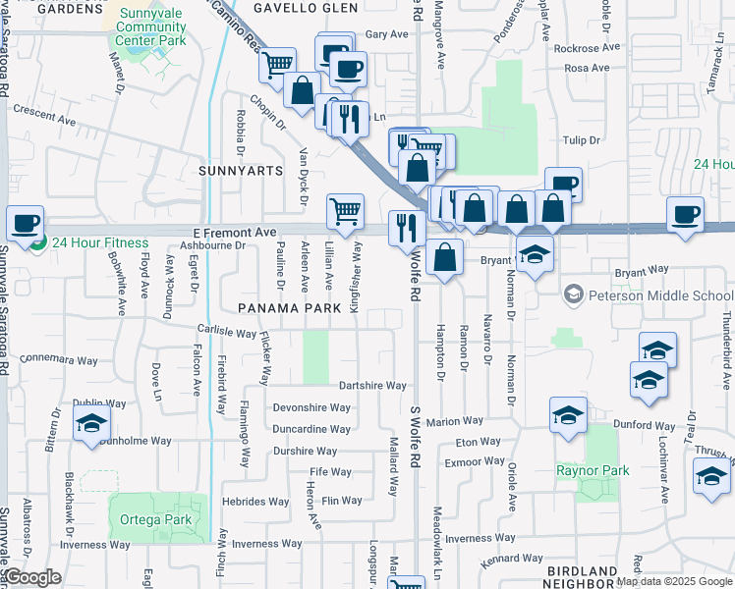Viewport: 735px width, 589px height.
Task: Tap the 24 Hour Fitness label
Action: point(99,242)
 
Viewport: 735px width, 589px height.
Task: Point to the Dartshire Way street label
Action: point(372,386)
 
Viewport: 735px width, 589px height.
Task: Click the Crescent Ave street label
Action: point(44,120)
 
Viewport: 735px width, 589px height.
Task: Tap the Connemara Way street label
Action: point(58,359)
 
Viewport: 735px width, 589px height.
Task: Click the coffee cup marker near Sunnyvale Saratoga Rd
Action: point(25,222)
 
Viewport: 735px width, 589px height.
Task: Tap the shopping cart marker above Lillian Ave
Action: point(345,210)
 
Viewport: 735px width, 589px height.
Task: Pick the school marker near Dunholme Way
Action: point(91,423)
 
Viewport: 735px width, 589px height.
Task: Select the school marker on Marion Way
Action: point(568,415)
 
